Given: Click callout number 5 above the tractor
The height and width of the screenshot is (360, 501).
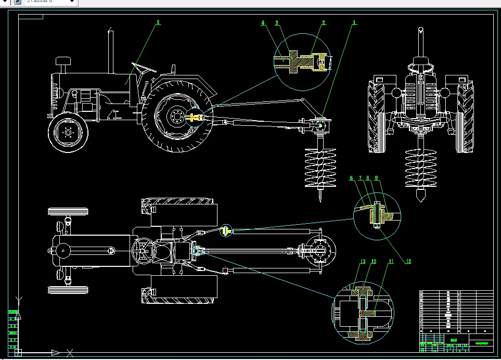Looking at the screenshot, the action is click(159, 22).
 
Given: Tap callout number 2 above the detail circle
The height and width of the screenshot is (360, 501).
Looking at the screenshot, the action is click(324, 22).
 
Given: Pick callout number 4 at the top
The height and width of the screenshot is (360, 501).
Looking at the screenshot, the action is click(263, 22).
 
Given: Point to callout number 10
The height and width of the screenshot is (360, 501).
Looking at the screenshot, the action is click(408, 261).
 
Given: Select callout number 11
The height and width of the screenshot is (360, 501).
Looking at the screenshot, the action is click(391, 261).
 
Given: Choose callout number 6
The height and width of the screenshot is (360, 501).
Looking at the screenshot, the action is click(352, 178).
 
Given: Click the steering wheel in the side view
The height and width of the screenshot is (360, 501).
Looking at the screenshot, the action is click(144, 67).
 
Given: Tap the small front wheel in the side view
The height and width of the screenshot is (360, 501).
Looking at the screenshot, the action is click(68, 133).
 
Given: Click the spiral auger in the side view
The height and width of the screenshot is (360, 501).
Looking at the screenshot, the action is click(320, 168).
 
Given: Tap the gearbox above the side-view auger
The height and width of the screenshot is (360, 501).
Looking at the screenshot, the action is click(319, 125).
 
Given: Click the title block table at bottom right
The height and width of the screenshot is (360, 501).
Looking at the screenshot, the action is click(455, 318).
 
